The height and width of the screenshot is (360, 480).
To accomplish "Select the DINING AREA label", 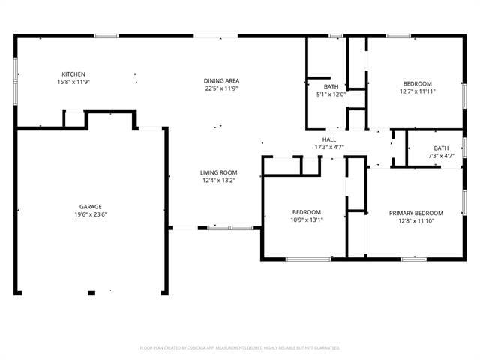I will tap(221, 80).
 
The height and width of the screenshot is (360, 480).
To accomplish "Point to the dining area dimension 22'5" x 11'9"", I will tap(221, 88).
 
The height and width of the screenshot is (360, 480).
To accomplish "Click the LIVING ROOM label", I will tap(219, 172).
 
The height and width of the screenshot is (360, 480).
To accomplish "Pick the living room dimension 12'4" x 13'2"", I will tap(219, 180).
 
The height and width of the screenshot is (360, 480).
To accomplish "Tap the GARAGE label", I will tap(91, 207).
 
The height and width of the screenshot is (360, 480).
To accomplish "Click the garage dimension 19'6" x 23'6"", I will tap(91, 214).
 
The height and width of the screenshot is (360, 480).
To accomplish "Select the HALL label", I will tap(329, 139).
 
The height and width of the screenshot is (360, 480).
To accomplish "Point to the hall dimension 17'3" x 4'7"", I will tap(329, 147).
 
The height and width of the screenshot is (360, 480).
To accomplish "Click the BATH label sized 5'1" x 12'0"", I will tap(331, 87).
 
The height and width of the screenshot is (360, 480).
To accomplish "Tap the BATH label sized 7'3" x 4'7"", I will tap(441, 148).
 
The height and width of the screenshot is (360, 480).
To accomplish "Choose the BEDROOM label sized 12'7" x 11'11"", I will tap(418, 83).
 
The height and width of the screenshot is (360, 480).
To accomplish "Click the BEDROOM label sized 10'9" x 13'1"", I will tap(307, 212).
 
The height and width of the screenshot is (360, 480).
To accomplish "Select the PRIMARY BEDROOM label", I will tap(416, 213).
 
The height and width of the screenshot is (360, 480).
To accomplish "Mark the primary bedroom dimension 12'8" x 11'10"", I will tap(416, 220).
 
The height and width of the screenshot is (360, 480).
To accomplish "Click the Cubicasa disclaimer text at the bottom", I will tap(240, 348).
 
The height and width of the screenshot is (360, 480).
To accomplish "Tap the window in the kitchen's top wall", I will tap(106, 35).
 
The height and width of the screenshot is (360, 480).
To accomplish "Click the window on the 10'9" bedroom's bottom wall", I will tap(308, 259).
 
